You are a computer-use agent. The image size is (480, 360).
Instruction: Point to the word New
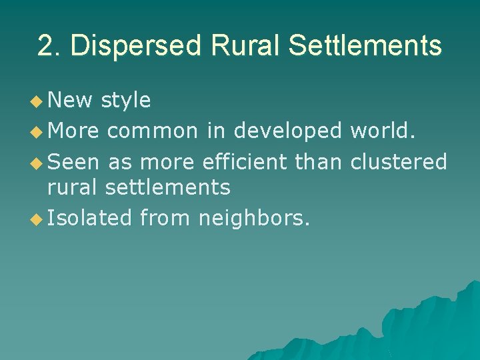tap(71, 101)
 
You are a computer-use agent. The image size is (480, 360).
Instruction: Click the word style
tap(126, 101)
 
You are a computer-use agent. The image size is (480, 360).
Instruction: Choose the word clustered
tap(399, 161)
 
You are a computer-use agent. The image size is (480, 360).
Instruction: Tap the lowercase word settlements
tap(168, 188)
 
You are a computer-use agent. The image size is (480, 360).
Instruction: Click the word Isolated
tap(90, 218)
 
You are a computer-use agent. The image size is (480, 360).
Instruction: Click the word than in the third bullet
tap(320, 161)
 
